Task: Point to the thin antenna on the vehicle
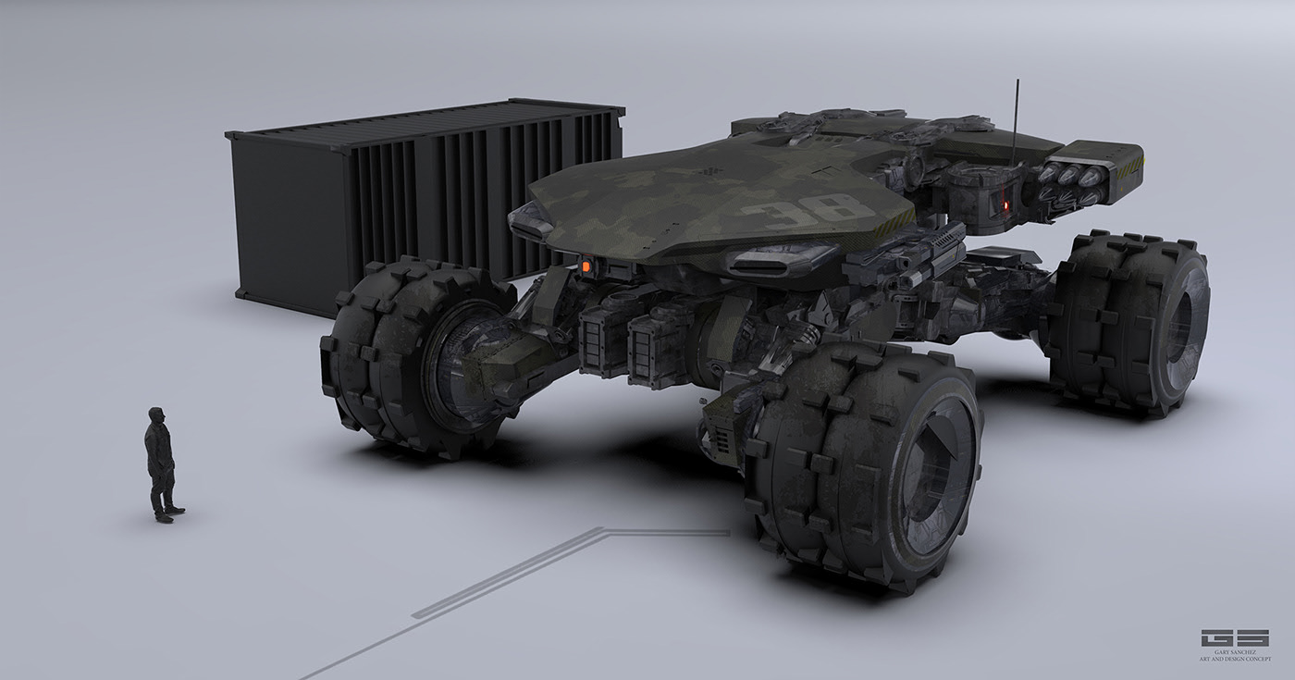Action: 1017,120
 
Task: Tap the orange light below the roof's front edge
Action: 586,266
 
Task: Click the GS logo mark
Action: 1234,638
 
